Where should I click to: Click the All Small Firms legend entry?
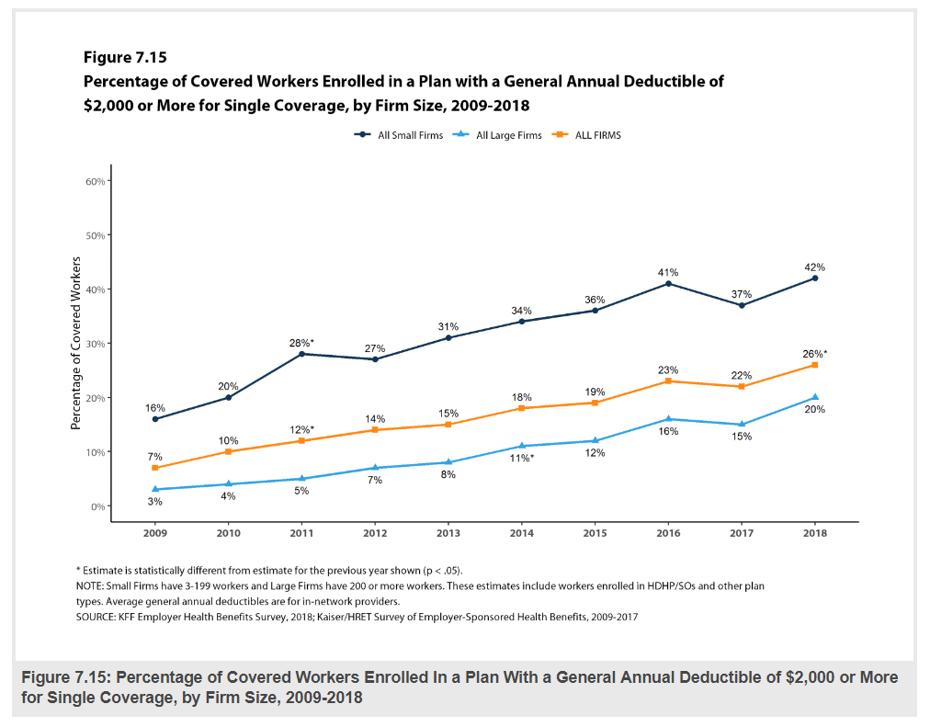pos(399,135)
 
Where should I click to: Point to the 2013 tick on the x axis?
pos(448,532)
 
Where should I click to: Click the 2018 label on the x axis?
pos(814,532)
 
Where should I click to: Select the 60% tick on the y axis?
pos(96,181)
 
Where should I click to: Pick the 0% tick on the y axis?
pos(98,506)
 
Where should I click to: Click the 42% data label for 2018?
pos(814,267)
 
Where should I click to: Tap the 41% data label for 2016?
pos(667,272)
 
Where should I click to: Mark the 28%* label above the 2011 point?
pos(302,343)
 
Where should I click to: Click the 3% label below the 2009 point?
pos(155,501)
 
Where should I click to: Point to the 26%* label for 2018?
pos(814,353)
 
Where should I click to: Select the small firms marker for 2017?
pos(741,305)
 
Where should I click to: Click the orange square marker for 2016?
pos(668,381)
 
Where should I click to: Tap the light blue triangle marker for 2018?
pos(814,397)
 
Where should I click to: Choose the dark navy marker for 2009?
pos(155,419)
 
